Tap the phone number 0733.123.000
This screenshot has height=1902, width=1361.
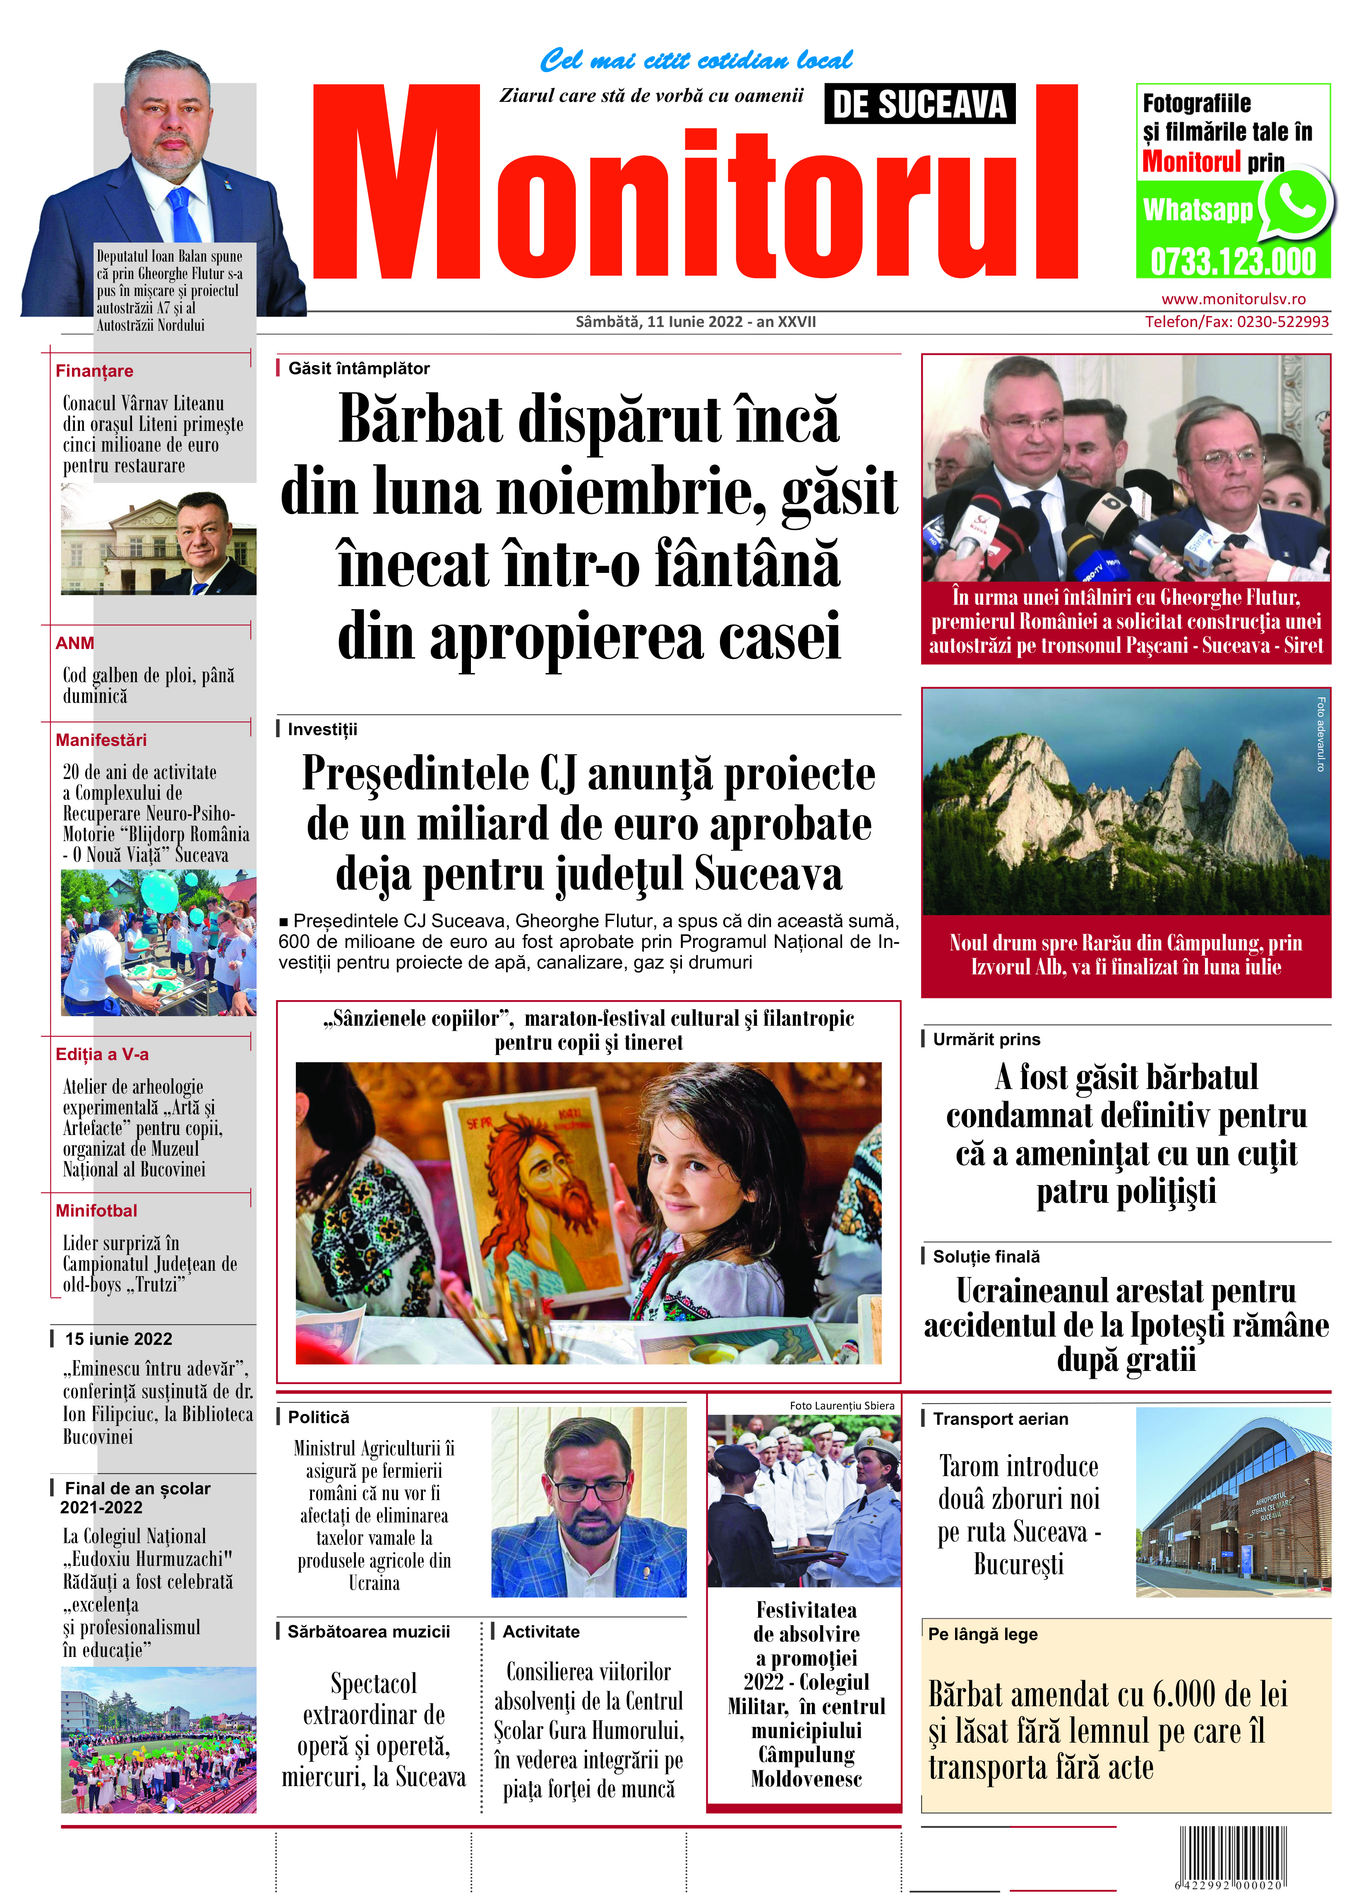(1233, 262)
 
